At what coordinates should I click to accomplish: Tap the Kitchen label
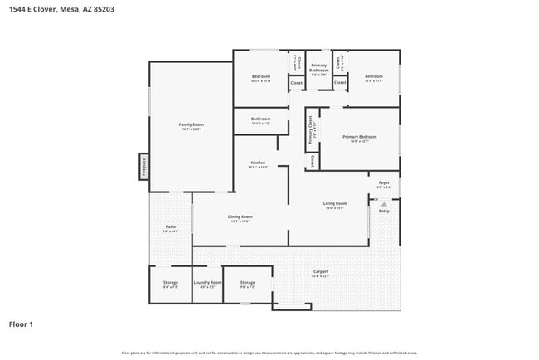coord(257,163)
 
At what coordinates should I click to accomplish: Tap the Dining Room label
coord(240,216)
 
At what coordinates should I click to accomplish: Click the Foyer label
coord(384,182)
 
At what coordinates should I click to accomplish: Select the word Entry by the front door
coord(384,212)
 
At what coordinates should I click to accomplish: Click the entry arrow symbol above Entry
coord(384,203)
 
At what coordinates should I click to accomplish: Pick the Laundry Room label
coord(207,283)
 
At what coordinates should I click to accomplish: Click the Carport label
coord(320,272)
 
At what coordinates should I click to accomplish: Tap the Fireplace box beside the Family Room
coord(143,165)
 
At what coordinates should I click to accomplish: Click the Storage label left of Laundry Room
coord(170,283)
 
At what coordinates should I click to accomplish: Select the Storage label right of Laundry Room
coord(248,283)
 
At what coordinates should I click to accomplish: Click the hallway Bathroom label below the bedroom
coord(261,119)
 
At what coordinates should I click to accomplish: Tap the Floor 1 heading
coord(21,324)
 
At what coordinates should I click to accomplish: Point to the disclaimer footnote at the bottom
coord(269,353)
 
